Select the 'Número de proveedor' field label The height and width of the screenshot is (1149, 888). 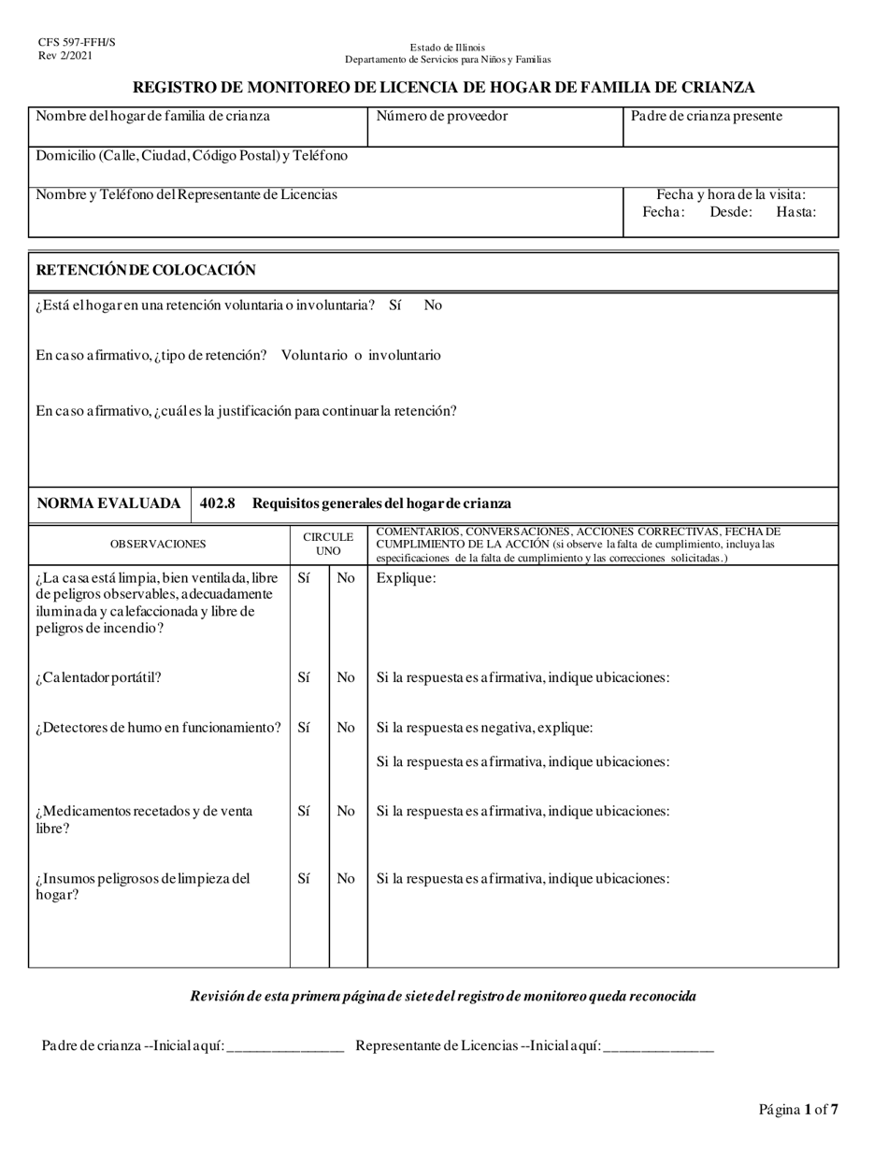[441, 117]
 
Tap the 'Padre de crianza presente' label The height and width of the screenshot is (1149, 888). [707, 117]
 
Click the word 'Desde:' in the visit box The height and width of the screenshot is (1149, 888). [731, 212]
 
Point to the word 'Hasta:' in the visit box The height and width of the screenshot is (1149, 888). [795, 212]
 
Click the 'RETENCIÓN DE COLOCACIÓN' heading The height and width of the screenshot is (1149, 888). [145, 270]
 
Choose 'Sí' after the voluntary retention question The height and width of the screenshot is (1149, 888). [395, 305]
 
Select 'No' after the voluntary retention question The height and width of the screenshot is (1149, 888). [433, 305]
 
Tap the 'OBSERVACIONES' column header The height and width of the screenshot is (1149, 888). [158, 544]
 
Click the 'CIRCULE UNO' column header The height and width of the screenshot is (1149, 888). [328, 544]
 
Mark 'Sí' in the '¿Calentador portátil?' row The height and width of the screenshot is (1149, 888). [304, 677]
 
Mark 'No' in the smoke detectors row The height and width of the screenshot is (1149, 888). [346, 728]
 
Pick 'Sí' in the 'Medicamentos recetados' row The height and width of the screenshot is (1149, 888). [304, 811]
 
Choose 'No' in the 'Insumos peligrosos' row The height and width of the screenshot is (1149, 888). [346, 878]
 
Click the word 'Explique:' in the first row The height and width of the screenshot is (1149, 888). [406, 577]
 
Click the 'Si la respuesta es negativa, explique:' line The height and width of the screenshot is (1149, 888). [484, 728]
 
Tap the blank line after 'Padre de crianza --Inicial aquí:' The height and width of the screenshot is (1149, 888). [285, 1047]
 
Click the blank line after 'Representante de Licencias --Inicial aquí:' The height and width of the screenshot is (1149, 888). [658, 1047]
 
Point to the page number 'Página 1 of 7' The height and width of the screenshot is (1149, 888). [798, 1110]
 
